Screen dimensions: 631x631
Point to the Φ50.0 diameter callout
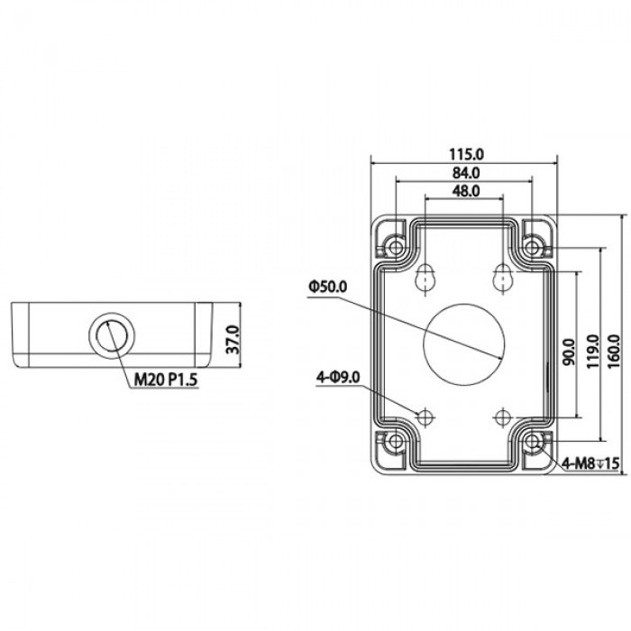(x=327, y=286)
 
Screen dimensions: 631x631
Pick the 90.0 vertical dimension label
(x=569, y=347)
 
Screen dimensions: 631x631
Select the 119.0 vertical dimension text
(x=593, y=347)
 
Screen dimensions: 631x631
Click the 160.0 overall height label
(x=616, y=347)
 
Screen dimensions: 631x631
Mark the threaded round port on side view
(x=109, y=334)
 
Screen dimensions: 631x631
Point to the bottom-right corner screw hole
(x=534, y=442)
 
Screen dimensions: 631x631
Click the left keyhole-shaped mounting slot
(x=424, y=279)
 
